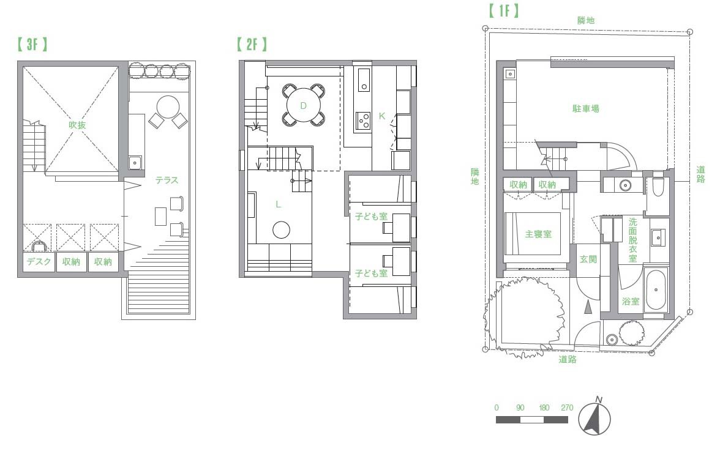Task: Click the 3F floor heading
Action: pyautogui.click(x=32, y=44)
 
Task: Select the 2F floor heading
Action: pyautogui.click(x=252, y=44)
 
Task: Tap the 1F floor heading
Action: pyautogui.click(x=504, y=10)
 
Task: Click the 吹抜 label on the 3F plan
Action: pyautogui.click(x=77, y=125)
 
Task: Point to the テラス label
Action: pyautogui.click(x=167, y=180)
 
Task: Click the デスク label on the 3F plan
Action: pyautogui.click(x=39, y=262)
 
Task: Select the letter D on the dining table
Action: pyautogui.click(x=303, y=106)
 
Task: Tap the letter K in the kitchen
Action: pyautogui.click(x=381, y=116)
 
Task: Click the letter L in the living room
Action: pyautogui.click(x=278, y=204)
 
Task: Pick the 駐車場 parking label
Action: pyautogui.click(x=585, y=108)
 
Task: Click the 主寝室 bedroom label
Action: pyautogui.click(x=538, y=234)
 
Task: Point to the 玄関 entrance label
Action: pyautogui.click(x=588, y=259)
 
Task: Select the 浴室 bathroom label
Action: pyautogui.click(x=631, y=301)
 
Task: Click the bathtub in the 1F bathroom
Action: pyautogui.click(x=656, y=290)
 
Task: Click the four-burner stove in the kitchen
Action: pyautogui.click(x=364, y=121)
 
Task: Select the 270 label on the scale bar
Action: pyautogui.click(x=567, y=407)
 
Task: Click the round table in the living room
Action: pyautogui.click(x=281, y=229)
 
